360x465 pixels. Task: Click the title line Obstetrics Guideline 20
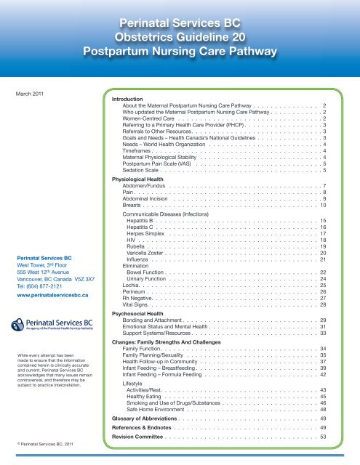coord(180,36)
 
